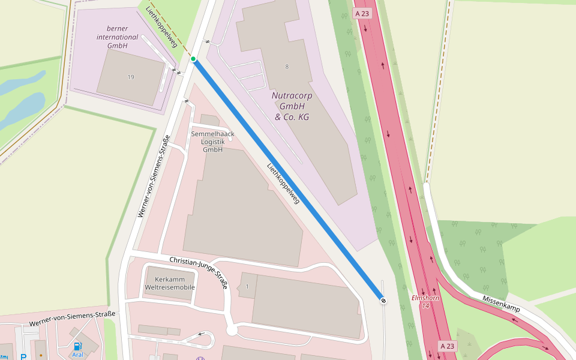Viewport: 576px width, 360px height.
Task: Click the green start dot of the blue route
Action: (193, 59)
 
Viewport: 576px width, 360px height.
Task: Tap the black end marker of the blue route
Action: (383, 300)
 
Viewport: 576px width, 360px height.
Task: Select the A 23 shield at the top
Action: (362, 13)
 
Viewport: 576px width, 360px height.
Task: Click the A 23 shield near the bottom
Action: (448, 346)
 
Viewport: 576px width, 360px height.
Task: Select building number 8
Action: (287, 67)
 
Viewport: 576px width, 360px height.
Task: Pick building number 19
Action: (131, 77)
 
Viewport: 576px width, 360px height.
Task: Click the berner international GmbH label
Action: (118, 37)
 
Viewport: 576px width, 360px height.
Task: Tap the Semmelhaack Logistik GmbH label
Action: (212, 142)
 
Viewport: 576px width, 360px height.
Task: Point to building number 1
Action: (247, 287)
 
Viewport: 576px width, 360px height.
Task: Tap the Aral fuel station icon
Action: (77, 347)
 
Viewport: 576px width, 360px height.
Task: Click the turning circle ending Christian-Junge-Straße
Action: (232, 331)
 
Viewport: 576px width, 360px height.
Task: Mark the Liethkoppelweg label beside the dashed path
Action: (161, 26)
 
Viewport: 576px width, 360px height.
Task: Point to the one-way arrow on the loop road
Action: (202, 334)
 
